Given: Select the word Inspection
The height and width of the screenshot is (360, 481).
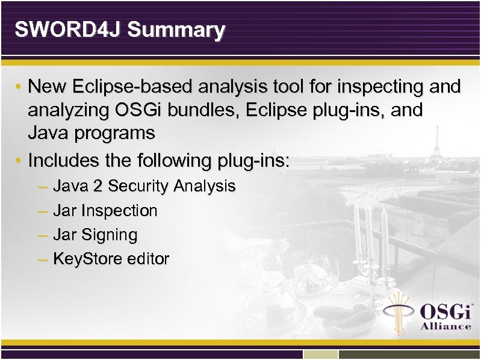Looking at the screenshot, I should click(x=119, y=211).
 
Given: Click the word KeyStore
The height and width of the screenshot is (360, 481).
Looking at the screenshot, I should click(x=87, y=259).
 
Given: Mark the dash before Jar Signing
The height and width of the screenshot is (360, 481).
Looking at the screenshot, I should click(x=42, y=235).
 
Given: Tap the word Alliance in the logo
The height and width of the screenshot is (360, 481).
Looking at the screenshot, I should click(x=445, y=326).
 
